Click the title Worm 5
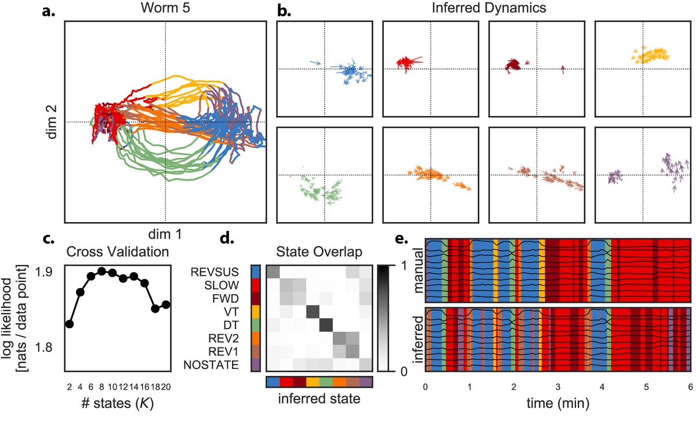pos(165,9)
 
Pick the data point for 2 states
pos(70,324)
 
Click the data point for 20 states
pos(166,304)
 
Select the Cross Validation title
pos(118,252)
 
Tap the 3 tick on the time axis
pos(558,386)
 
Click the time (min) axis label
pos(557,403)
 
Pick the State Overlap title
pos(319,252)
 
